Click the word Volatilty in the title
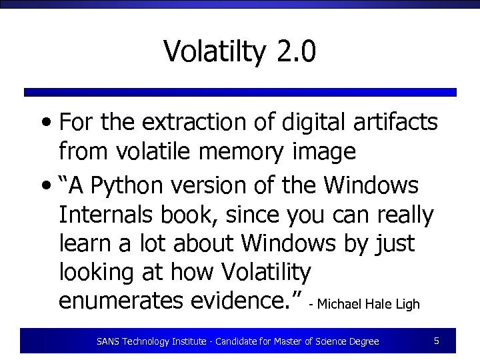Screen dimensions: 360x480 [214, 51]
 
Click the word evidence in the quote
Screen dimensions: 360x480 [241, 301]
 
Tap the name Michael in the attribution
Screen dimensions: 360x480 [339, 304]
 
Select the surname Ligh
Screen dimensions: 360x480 [407, 304]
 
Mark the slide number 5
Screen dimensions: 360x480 [436, 341]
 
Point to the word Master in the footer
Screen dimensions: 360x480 [303, 341]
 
